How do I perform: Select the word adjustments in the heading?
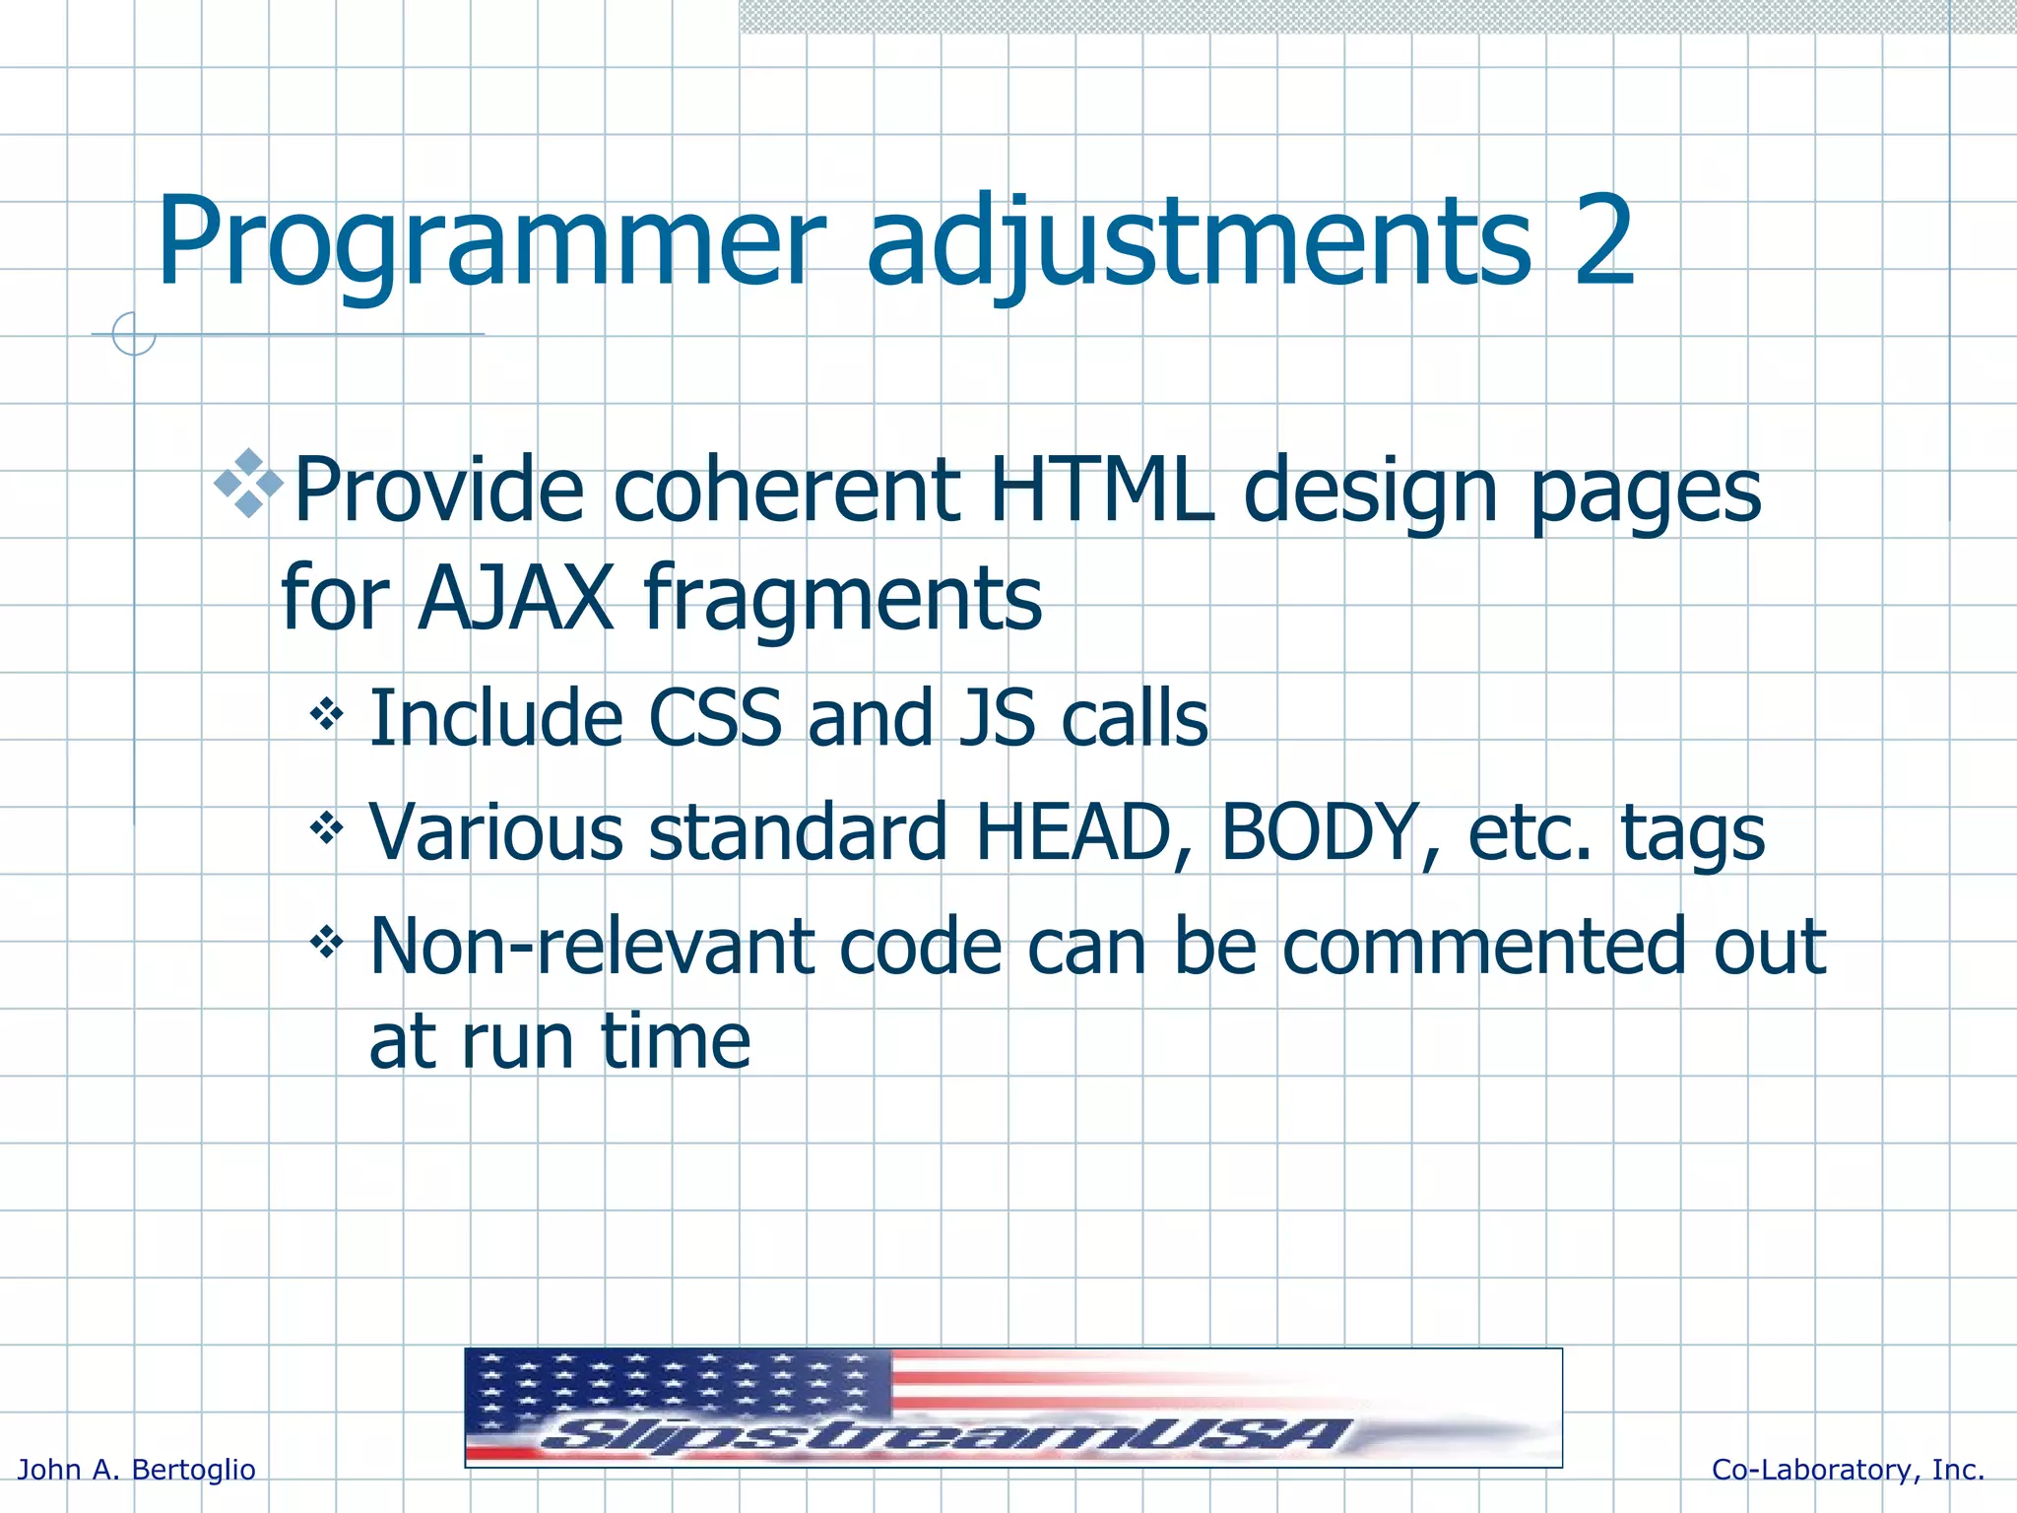(x=1198, y=243)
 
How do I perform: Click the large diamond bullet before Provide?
(x=248, y=484)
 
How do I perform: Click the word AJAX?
(x=516, y=598)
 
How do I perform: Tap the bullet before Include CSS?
(x=326, y=712)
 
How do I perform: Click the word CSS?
(x=715, y=718)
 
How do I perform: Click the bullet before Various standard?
(x=326, y=827)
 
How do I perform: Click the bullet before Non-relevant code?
(x=326, y=943)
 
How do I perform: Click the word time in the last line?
(x=676, y=1041)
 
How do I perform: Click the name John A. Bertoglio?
(x=137, y=1470)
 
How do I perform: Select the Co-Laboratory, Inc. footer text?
(x=1848, y=1470)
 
